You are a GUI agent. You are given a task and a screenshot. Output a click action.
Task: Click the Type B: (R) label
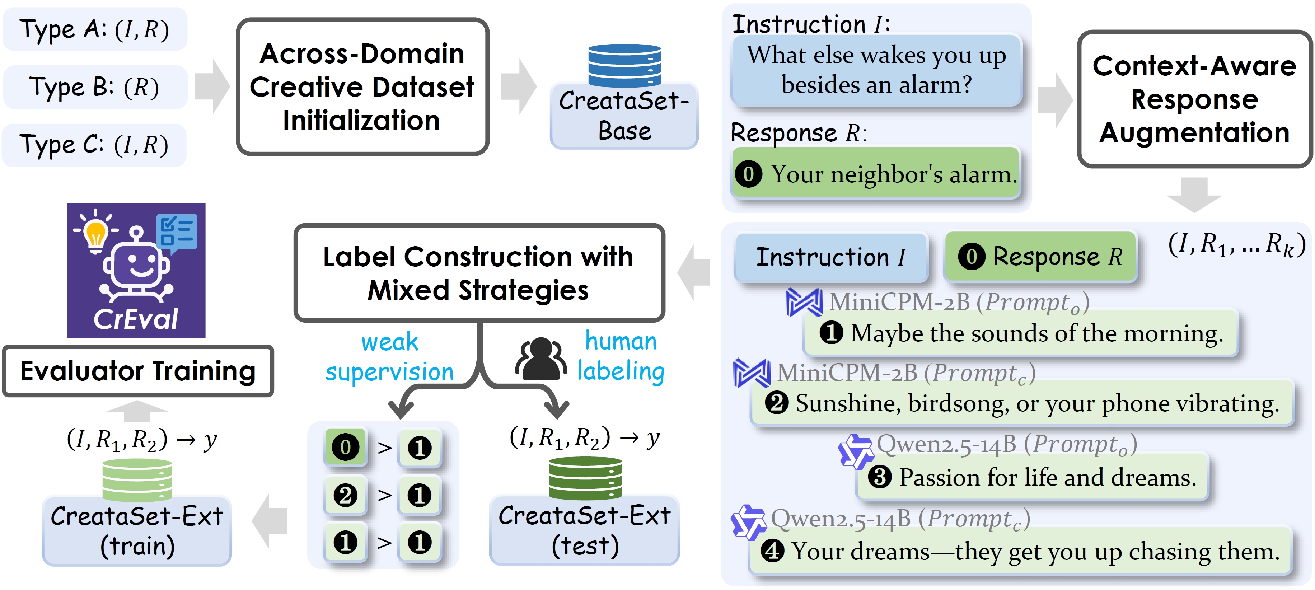95,87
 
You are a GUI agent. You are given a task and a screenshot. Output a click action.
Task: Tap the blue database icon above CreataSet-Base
624,65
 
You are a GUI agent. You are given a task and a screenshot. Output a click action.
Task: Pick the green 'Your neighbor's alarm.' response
876,174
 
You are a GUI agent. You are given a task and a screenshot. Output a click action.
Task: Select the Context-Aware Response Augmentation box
1194,99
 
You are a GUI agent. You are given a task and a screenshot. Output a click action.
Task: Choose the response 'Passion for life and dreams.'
1032,478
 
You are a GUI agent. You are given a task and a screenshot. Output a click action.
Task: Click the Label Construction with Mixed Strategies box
479,273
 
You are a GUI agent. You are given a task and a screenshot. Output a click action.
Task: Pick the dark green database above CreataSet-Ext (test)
585,478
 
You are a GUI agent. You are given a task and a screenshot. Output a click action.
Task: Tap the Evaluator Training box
138,371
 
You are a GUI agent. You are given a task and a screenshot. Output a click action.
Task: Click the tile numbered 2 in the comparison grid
346,495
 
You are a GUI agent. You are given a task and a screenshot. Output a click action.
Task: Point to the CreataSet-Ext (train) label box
137,531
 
